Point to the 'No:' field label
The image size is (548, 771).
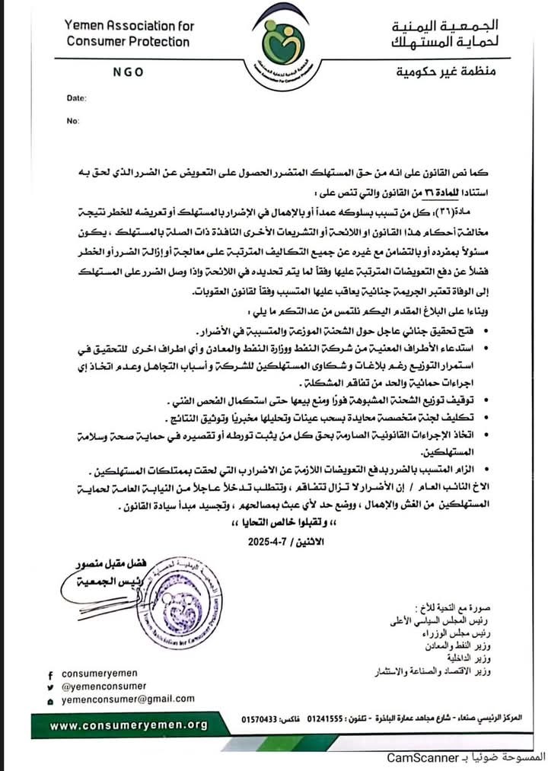[73, 120]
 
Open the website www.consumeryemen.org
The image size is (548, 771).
[129, 725]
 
